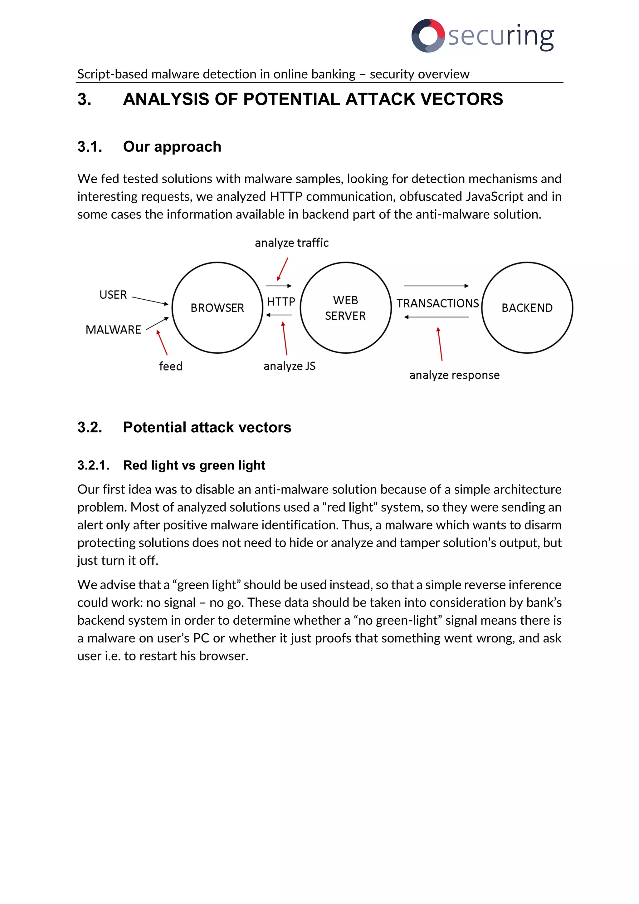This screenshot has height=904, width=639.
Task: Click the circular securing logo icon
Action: pyautogui.click(x=428, y=36)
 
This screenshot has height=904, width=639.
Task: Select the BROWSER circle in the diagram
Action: pyautogui.click(x=217, y=307)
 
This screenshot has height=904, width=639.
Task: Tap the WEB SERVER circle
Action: pyautogui.click(x=345, y=307)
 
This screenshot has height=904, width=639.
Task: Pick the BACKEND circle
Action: pyautogui.click(x=527, y=307)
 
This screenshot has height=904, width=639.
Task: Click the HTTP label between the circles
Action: pyautogui.click(x=281, y=302)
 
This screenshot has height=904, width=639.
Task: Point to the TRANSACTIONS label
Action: pyautogui.click(x=437, y=303)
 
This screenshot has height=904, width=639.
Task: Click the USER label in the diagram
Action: pyautogui.click(x=113, y=294)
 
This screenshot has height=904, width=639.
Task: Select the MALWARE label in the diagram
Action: pyautogui.click(x=113, y=330)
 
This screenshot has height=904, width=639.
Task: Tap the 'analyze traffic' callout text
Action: pyautogui.click(x=291, y=243)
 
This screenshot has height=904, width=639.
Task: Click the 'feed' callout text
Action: pyautogui.click(x=170, y=366)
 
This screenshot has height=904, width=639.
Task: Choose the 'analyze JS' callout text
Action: pyautogui.click(x=289, y=366)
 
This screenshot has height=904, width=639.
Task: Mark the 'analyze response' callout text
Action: pyautogui.click(x=455, y=375)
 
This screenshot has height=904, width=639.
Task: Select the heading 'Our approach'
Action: pyautogui.click(x=172, y=146)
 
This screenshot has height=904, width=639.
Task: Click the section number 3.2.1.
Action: pyautogui.click(x=93, y=465)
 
